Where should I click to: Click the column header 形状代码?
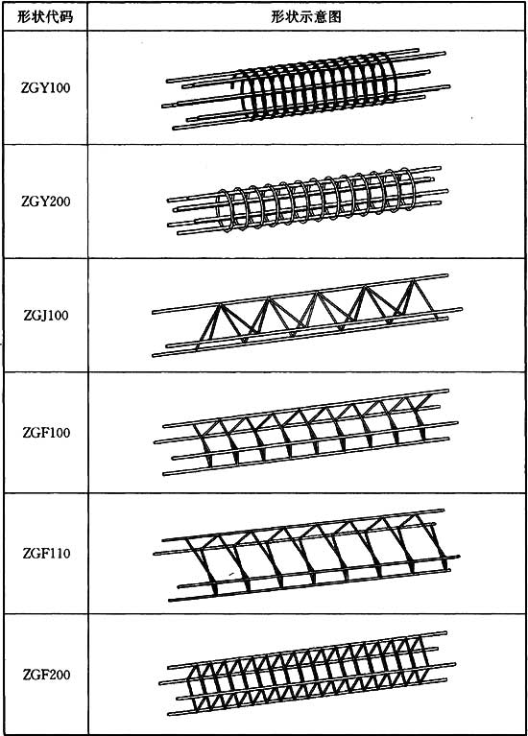(x=45, y=17)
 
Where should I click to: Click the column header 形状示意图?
(x=306, y=17)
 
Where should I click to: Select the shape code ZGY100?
(x=45, y=87)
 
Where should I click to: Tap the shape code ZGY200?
(x=45, y=202)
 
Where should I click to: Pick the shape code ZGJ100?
(x=46, y=315)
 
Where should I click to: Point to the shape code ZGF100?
(x=46, y=432)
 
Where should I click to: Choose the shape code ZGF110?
(x=46, y=553)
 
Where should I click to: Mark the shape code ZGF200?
(x=46, y=675)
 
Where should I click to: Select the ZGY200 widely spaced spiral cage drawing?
(x=308, y=201)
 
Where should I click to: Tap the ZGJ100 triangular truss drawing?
(x=307, y=316)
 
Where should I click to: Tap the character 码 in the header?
(x=67, y=17)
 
